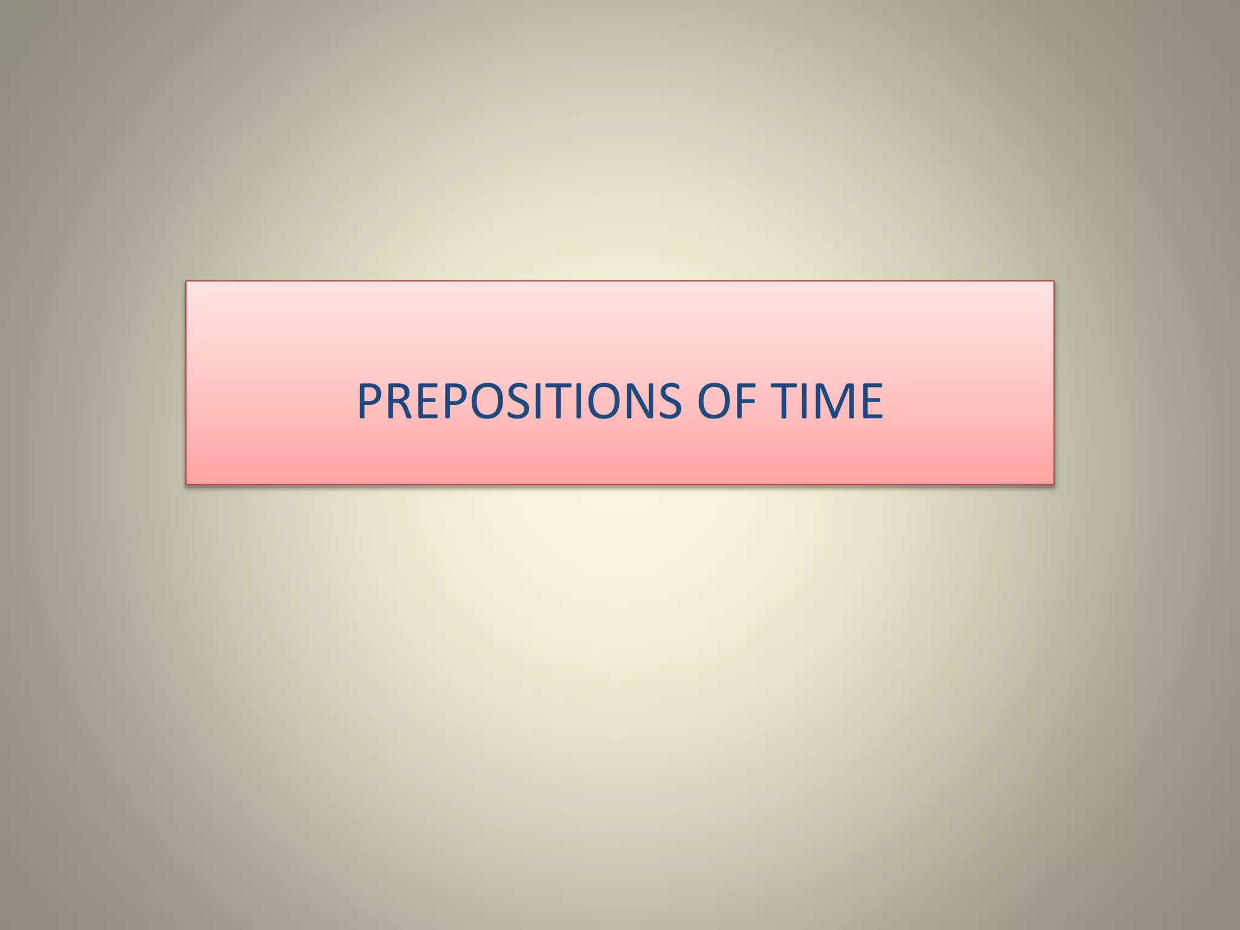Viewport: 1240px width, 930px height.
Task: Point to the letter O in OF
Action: coord(714,401)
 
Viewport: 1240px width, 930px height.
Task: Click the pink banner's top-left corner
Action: coord(186,282)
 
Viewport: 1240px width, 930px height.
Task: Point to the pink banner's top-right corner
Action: coord(1054,282)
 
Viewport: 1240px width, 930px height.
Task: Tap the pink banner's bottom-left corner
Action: coord(186,484)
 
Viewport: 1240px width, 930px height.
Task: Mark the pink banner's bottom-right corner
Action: coord(1054,484)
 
